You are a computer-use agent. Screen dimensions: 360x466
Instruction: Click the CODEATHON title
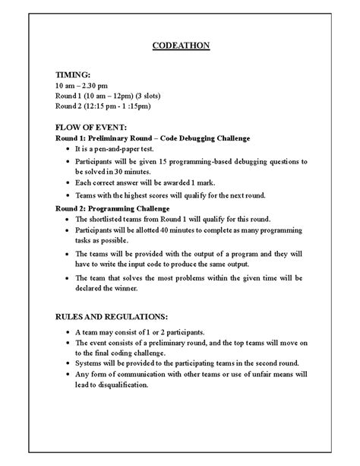coord(179,46)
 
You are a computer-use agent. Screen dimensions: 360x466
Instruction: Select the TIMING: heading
coord(74,76)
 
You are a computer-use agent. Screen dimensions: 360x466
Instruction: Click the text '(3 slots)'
coord(170,97)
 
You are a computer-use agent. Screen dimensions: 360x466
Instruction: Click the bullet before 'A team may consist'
coord(69,333)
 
